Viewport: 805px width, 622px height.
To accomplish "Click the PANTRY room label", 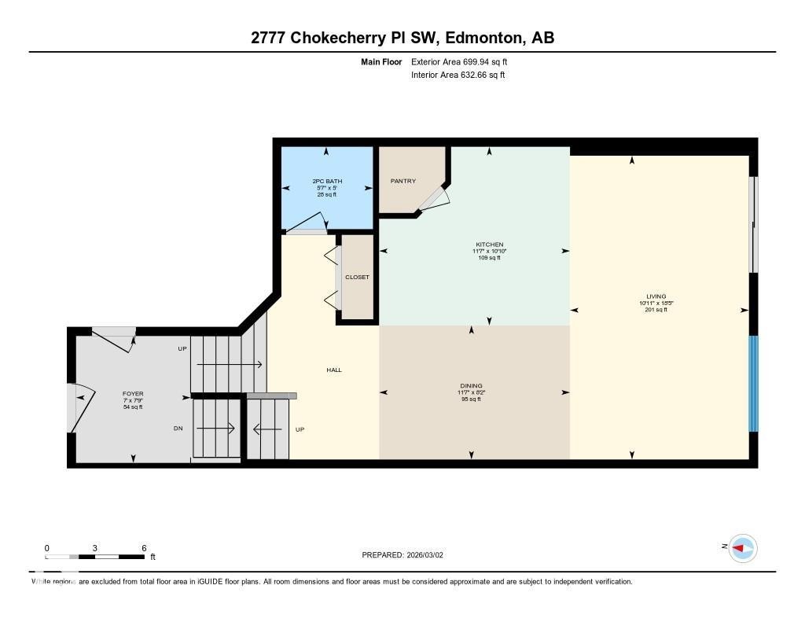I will [x=403, y=182].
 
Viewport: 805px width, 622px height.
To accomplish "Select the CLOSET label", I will [x=357, y=278].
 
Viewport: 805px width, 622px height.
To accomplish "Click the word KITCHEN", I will [x=489, y=245].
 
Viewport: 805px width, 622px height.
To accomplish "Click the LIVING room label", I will [x=652, y=297].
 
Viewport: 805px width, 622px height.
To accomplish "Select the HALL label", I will [x=334, y=370].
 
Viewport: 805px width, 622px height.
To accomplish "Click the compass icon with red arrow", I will [x=742, y=548].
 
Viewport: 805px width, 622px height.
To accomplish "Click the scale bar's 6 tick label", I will [x=144, y=548].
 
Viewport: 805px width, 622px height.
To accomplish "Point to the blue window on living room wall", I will [x=752, y=384].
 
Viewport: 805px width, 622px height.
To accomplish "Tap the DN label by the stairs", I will [x=179, y=429].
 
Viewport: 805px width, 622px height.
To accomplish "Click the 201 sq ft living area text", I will [x=652, y=310].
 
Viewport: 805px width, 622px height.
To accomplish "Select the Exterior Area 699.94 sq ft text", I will [x=458, y=61].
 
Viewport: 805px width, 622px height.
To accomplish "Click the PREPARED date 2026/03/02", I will [x=430, y=555].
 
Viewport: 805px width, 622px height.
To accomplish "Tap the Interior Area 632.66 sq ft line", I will [x=458, y=75].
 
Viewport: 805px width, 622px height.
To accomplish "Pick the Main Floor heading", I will [x=381, y=61].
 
